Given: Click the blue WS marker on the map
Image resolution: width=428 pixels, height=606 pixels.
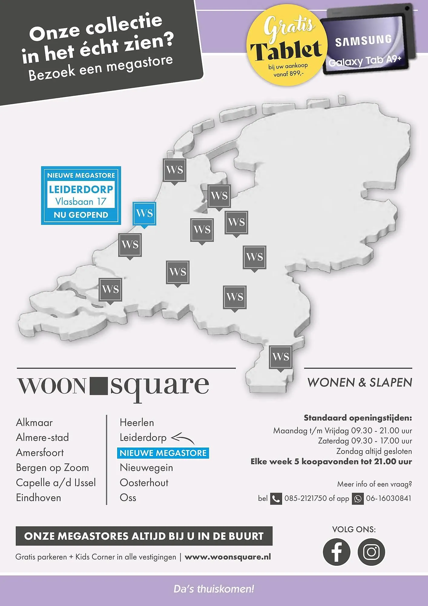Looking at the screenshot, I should tap(144, 214).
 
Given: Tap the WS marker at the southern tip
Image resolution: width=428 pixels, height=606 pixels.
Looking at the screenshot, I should tap(281, 357).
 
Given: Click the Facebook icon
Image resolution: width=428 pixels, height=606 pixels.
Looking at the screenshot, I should tap(336, 552).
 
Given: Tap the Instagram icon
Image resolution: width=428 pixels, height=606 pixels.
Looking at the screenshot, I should tap(371, 552).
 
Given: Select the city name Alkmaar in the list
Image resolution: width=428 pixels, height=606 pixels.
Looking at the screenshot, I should tap(34, 422).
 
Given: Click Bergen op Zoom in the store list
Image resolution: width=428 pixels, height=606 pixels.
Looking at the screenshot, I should tap(52, 468).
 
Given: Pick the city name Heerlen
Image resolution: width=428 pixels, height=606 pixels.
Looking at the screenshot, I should tap(137, 422).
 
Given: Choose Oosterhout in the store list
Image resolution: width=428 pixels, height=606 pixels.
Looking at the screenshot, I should tap(144, 483).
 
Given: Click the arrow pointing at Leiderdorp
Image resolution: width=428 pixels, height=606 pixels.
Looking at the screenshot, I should tap(183, 438).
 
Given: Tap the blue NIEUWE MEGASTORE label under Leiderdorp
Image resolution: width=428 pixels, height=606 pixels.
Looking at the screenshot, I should tap(163, 453).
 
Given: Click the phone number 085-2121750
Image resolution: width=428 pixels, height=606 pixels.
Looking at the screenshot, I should tap(305, 498).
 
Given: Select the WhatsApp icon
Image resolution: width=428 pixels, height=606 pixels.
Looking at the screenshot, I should tap(357, 499).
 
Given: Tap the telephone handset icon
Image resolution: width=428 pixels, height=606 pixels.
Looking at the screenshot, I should tap(276, 499).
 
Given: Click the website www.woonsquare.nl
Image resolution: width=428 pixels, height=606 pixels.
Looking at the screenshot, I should tap(228, 557).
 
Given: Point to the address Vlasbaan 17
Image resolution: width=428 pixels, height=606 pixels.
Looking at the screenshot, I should tap(81, 201).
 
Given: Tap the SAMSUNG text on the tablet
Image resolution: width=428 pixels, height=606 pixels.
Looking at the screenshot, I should tap(363, 41).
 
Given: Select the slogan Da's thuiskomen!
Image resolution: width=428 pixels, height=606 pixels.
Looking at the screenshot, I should tap(214, 589).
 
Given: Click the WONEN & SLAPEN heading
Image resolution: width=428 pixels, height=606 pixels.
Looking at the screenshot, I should tap(360, 382).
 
